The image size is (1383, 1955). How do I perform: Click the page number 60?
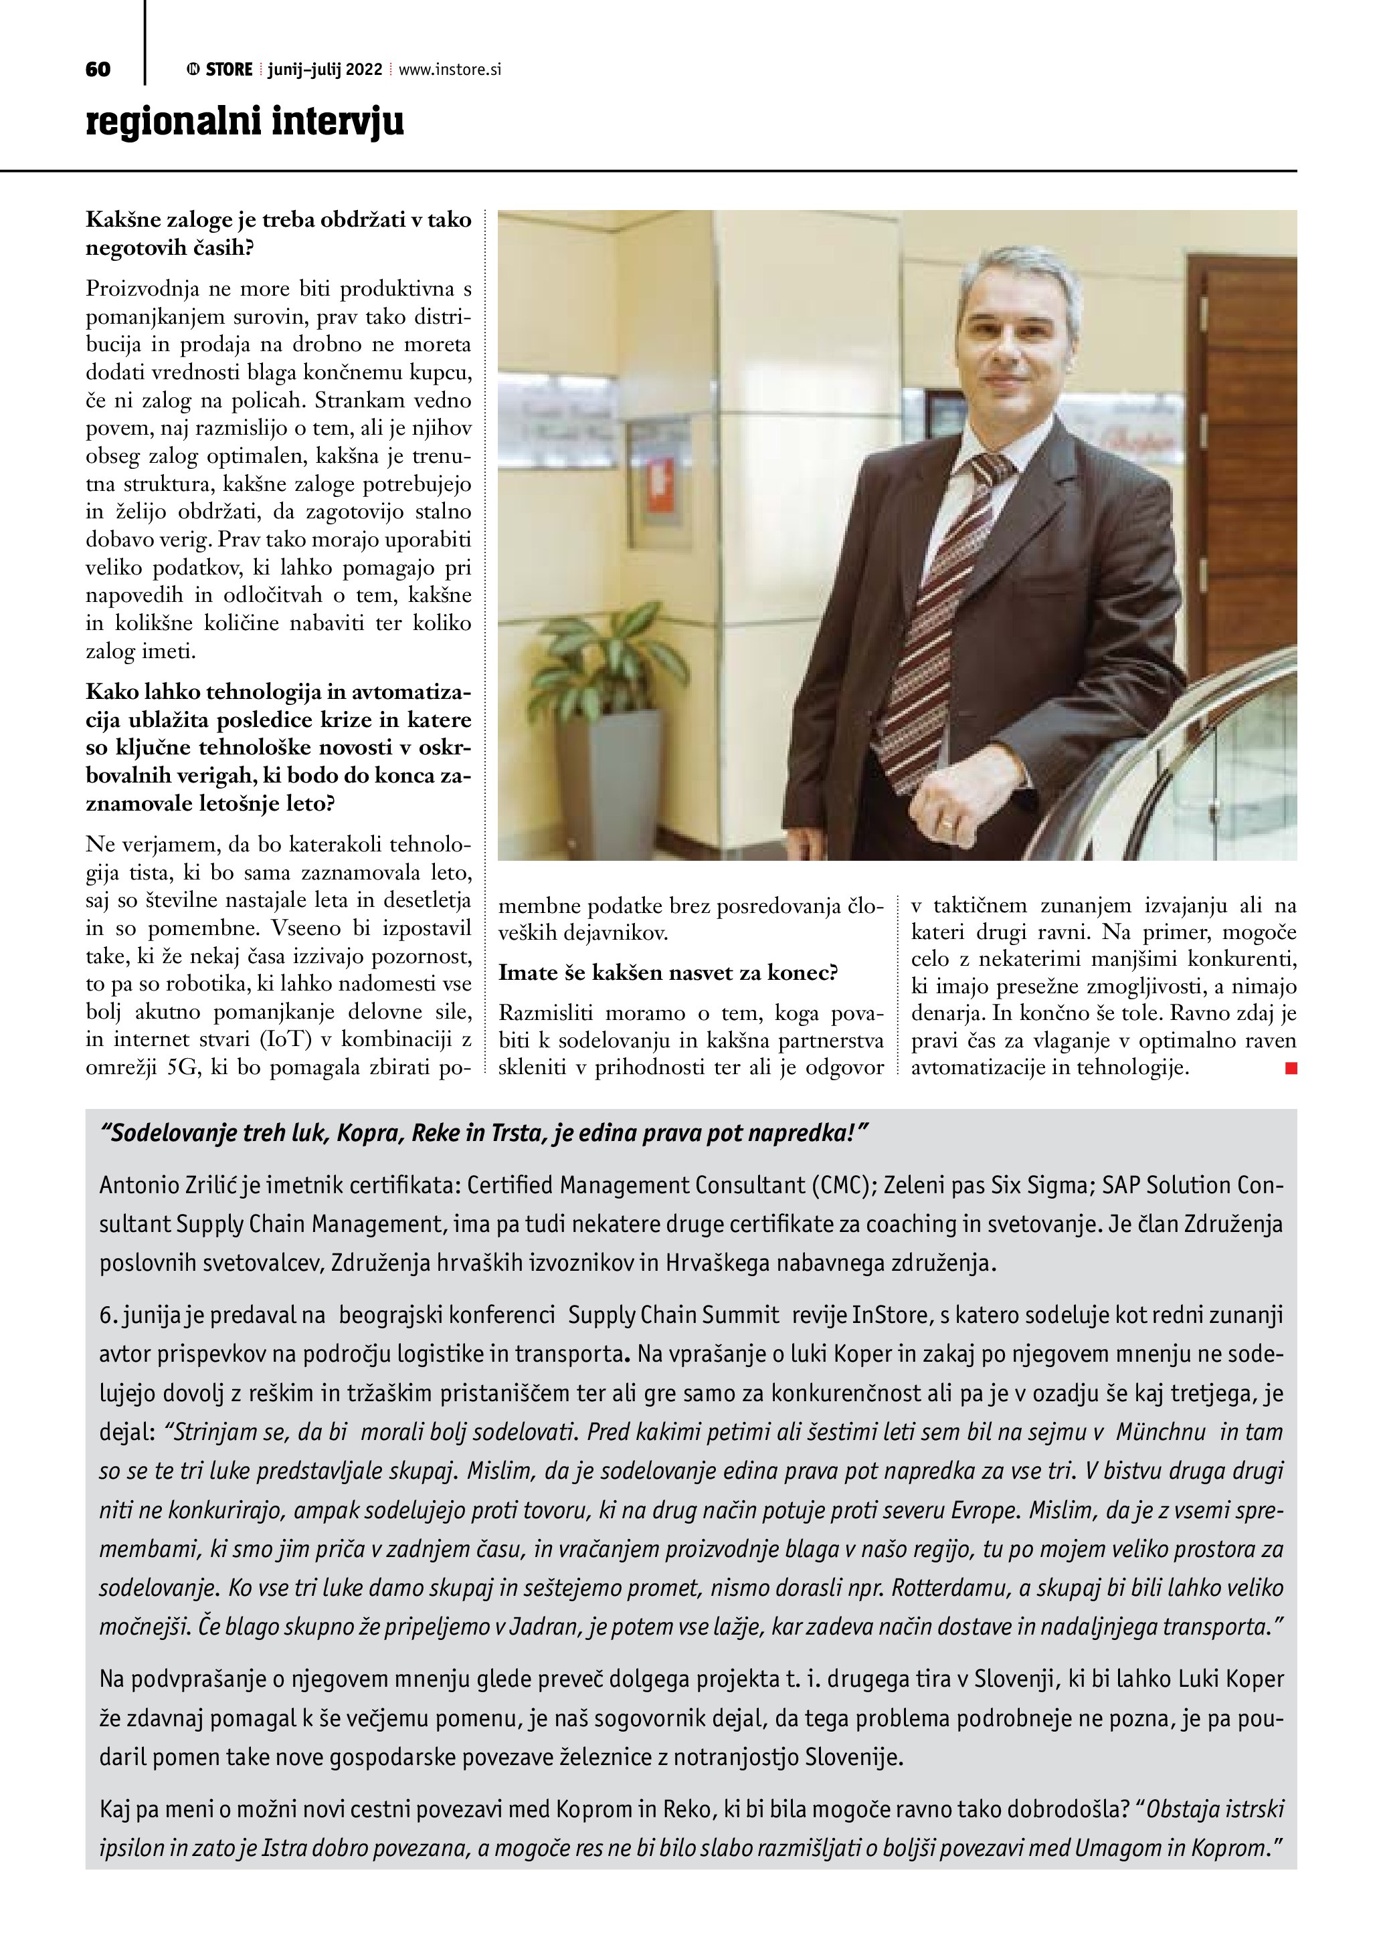(98, 70)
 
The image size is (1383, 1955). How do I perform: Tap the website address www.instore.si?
(450, 70)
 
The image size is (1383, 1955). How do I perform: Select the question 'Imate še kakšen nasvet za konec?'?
(668, 973)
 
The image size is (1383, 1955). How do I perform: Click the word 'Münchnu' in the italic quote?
(1160, 1432)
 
